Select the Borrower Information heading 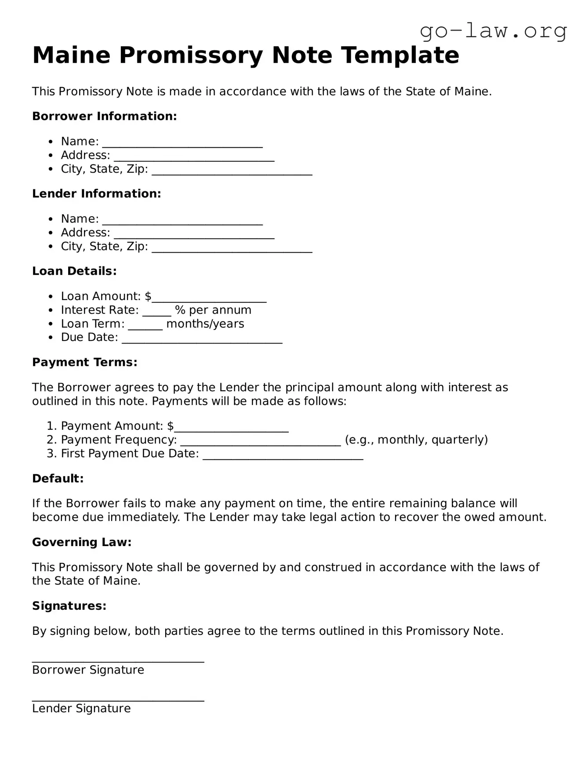tap(104, 116)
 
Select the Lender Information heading tap(96, 194)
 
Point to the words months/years tap(205, 324)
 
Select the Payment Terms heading tap(84, 362)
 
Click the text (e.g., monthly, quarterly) tap(416, 440)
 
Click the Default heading tap(58, 478)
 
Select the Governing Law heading tap(82, 543)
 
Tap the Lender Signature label tap(81, 709)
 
